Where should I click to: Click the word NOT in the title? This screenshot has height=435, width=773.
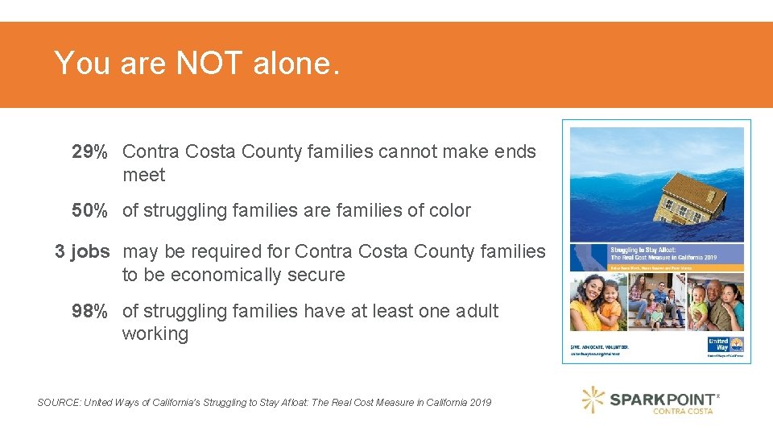(209, 63)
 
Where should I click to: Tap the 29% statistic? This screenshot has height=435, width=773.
(89, 152)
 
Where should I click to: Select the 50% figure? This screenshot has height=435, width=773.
(89, 211)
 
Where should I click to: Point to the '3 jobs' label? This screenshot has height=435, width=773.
(82, 251)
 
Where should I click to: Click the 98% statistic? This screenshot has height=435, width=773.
(89, 311)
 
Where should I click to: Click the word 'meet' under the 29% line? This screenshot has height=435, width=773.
(144, 176)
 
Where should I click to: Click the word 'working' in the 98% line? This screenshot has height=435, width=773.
(155, 334)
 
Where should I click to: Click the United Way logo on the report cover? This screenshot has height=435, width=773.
(718, 345)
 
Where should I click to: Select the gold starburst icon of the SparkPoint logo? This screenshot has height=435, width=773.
(593, 400)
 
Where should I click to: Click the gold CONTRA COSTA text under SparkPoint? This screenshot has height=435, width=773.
(684, 412)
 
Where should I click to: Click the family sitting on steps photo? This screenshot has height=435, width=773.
(656, 302)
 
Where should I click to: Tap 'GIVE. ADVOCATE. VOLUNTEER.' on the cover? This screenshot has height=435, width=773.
(600, 347)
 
